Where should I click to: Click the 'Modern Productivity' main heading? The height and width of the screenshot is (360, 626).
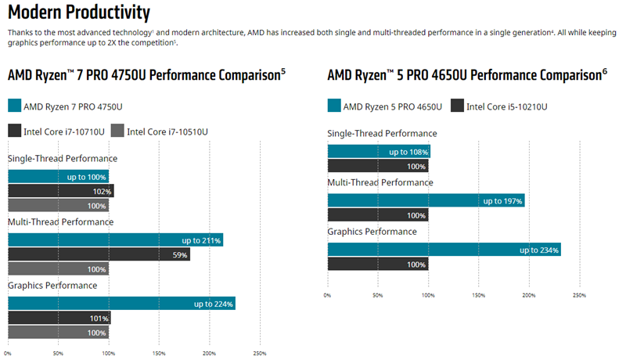pos(78,13)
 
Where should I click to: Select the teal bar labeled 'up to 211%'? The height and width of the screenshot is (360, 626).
pos(116,240)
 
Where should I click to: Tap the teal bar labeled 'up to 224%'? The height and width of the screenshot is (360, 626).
pos(121,304)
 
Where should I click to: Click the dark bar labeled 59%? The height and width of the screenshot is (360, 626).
pos(99,254)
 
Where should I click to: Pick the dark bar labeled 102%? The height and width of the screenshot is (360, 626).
pos(61,190)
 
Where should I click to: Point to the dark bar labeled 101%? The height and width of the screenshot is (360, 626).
pos(59,318)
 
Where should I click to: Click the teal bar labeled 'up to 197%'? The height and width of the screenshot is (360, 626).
pos(426,200)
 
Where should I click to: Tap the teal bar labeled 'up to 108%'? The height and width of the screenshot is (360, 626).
pos(379,152)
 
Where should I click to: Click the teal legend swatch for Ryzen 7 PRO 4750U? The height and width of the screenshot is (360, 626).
pos(14,106)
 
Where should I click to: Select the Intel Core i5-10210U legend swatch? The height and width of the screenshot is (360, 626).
pos(456,106)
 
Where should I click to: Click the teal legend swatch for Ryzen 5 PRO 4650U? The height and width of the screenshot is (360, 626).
pos(333,106)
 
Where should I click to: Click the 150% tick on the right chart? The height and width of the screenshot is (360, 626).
pos(478,295)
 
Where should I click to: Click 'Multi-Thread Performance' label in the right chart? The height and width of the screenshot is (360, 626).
pos(380,182)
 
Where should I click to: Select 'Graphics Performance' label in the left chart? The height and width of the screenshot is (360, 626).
pos(52,286)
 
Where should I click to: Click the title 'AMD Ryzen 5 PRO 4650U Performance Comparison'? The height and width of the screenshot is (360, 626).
pos(463,75)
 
